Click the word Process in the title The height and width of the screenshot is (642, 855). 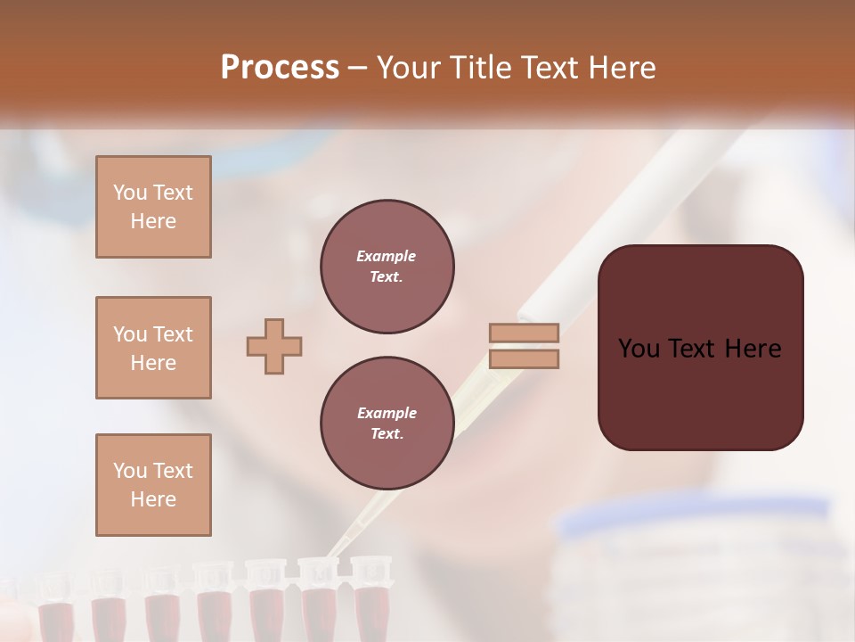(x=280, y=68)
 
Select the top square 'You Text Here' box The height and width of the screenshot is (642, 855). (x=153, y=207)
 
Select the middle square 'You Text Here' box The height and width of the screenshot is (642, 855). (x=153, y=348)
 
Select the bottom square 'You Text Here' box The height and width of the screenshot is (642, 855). (x=153, y=485)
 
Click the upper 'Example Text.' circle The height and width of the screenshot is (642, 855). (x=387, y=267)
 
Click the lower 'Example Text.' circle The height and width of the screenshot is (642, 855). (x=387, y=424)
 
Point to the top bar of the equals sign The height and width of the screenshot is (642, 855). (x=524, y=333)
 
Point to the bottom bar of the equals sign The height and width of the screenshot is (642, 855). (x=524, y=359)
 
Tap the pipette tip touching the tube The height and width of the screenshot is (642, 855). (x=333, y=554)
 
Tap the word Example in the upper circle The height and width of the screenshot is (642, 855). (x=387, y=256)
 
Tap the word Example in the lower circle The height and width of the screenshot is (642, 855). (x=387, y=413)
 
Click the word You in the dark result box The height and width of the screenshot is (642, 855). (x=639, y=349)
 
